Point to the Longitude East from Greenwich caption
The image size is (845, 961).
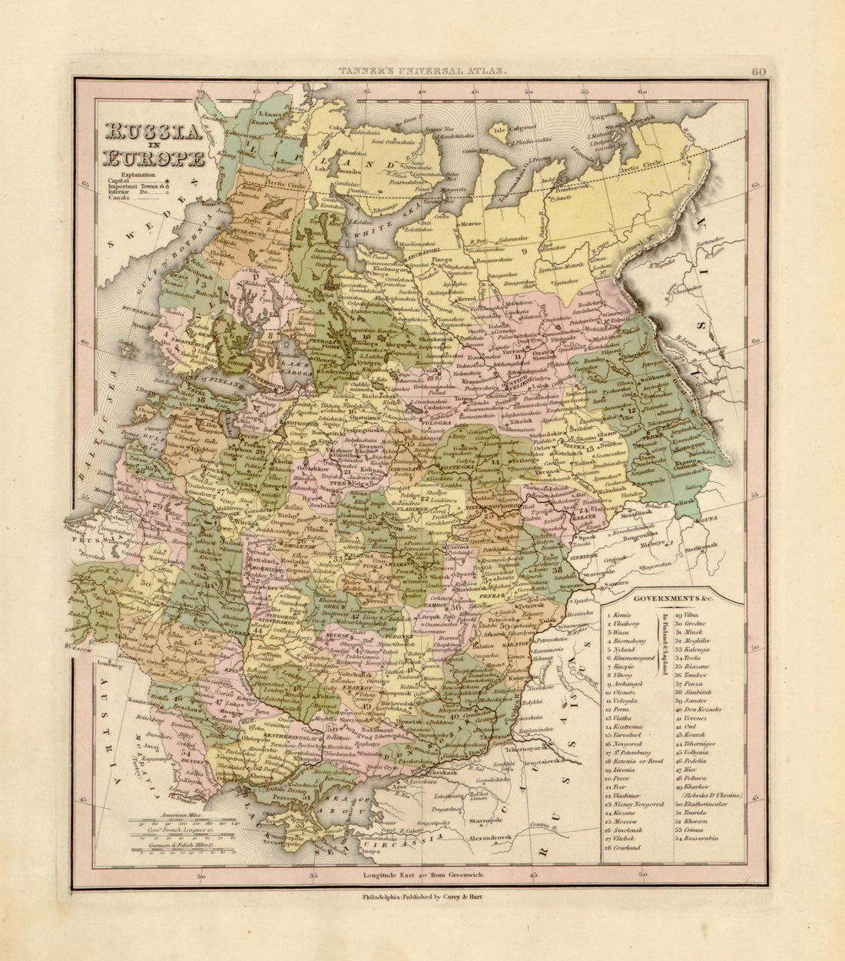coord(421,876)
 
